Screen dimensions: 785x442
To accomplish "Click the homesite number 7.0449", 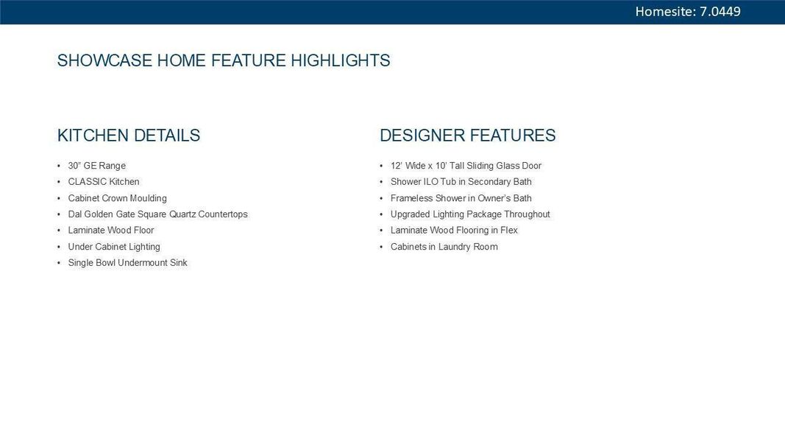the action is tap(720, 12).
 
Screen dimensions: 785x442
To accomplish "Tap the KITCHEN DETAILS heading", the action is tap(129, 136).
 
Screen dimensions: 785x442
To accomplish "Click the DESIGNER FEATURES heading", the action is tap(468, 136).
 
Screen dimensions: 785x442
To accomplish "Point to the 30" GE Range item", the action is tap(97, 166).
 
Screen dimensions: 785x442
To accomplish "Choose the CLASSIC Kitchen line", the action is tap(104, 182).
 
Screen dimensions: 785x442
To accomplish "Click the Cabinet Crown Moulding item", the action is tap(118, 198).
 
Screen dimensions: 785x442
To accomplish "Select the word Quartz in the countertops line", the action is tap(182, 214).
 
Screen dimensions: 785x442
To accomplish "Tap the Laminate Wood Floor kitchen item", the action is tap(111, 231).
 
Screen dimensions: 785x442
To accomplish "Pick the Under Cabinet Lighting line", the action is tap(114, 247).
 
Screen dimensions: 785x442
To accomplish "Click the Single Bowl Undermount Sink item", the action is tap(128, 262).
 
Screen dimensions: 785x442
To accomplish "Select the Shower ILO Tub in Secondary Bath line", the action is tap(461, 182).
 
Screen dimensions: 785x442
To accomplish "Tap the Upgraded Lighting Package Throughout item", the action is tap(470, 214).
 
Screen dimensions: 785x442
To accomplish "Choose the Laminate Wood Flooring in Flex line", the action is tap(454, 231).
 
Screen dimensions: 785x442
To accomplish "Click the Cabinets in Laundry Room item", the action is tap(444, 247).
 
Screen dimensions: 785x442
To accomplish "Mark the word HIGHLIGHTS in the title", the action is tap(341, 60).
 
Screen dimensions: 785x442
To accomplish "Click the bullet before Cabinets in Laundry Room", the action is tap(381, 247).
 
